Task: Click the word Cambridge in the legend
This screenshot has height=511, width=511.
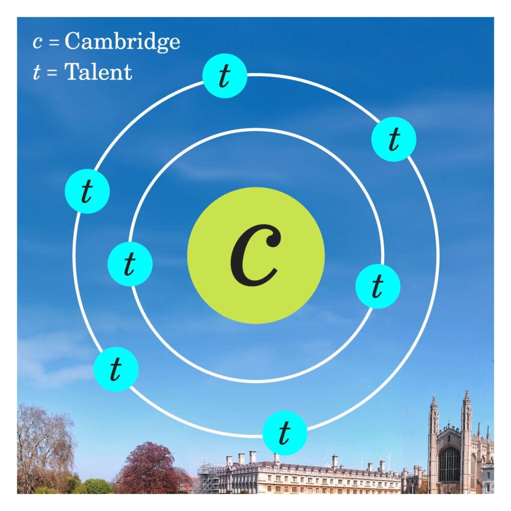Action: pos(122,41)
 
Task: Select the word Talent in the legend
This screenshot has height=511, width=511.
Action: pos(98,72)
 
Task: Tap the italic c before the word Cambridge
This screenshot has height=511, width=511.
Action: pos(37,42)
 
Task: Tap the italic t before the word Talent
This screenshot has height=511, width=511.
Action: pos(36,72)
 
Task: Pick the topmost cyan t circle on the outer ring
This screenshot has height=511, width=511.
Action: pos(225,76)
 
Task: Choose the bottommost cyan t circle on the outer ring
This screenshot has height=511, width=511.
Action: pos(284,433)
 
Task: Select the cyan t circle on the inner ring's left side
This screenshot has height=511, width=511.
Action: pos(130,263)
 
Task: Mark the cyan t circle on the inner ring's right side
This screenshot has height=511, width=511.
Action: pos(377,286)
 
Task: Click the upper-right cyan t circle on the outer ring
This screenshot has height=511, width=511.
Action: pos(394,139)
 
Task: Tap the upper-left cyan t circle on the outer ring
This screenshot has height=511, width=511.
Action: pos(87,191)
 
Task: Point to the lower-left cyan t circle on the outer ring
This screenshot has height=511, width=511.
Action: pos(116,369)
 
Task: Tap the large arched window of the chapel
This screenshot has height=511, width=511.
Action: pos(449,464)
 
